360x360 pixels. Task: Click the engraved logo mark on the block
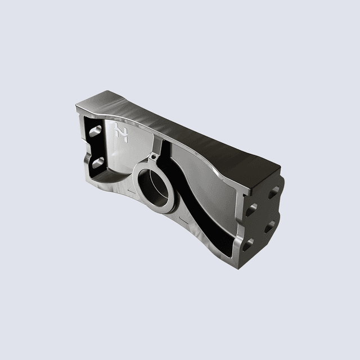coord(120,133)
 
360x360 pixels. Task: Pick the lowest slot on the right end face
coord(247,244)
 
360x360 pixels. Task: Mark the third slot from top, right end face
coord(269,227)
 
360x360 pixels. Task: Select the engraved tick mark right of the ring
coord(179,217)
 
